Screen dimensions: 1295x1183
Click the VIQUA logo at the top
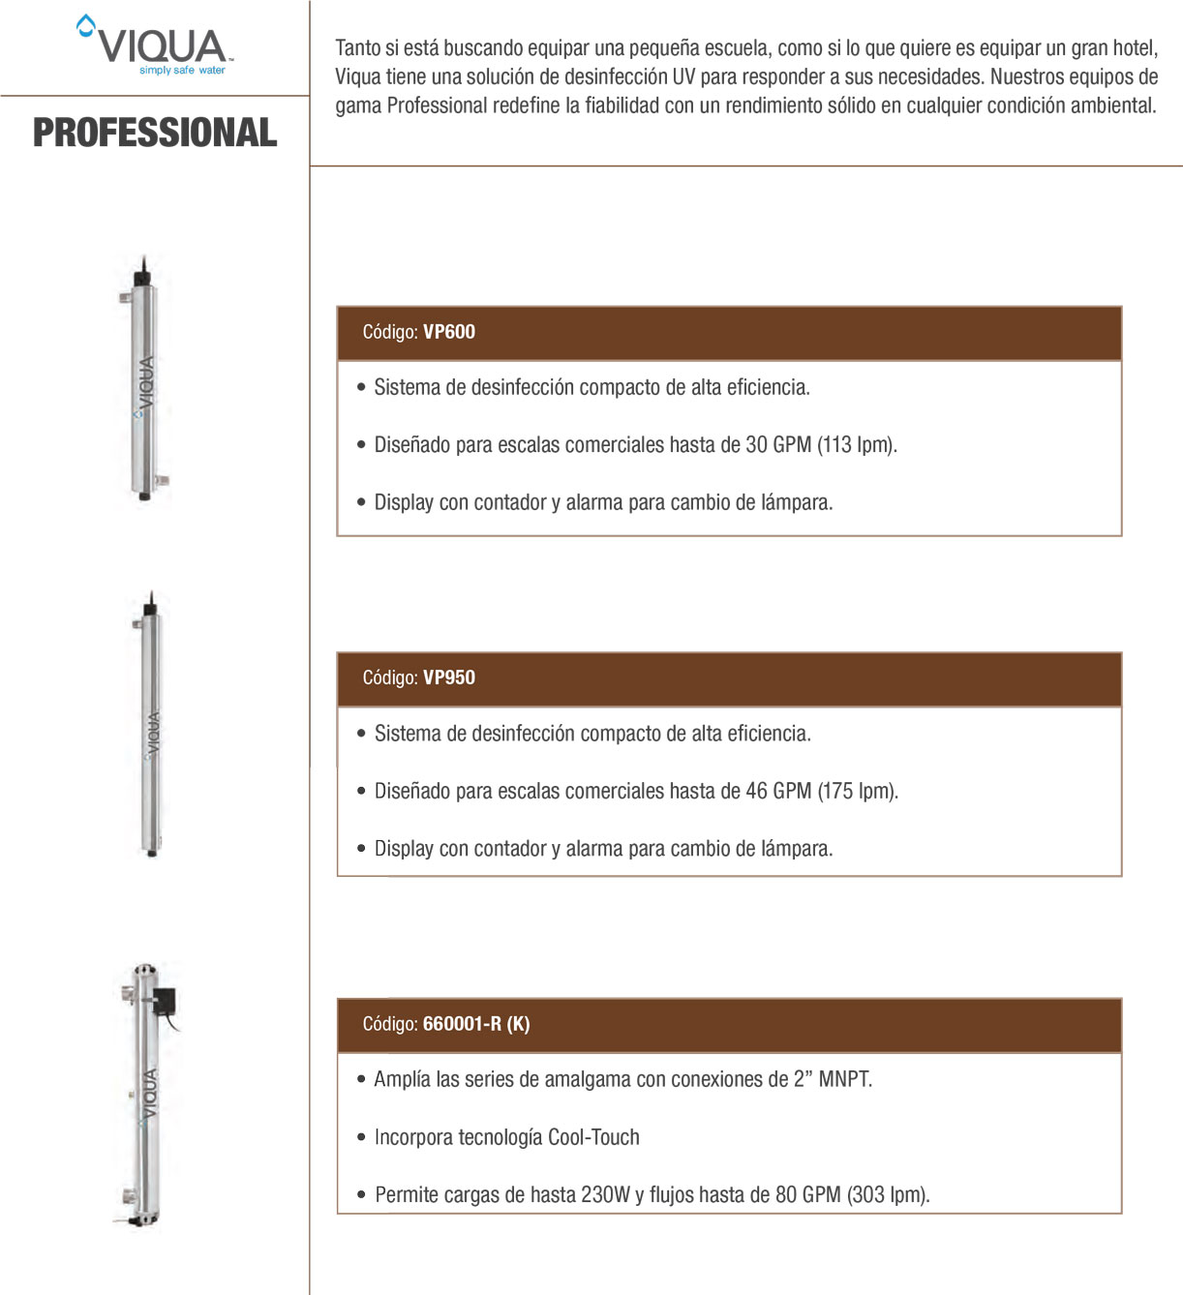pyautogui.click(x=155, y=45)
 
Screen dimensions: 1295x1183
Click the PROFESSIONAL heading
pyautogui.click(x=155, y=133)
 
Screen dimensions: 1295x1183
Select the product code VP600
pyautogui.click(x=449, y=332)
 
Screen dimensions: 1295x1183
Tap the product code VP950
pyautogui.click(x=449, y=678)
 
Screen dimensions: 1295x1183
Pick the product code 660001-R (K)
pyautogui.click(x=476, y=1024)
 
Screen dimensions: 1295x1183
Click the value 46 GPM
pyautogui.click(x=778, y=791)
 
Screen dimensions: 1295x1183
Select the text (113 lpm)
pyautogui.click(x=857, y=445)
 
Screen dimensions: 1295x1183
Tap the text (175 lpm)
pyautogui.click(x=858, y=791)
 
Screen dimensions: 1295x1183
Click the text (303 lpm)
pyautogui.click(x=888, y=1195)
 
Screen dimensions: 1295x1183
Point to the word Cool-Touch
pyautogui.click(x=593, y=1137)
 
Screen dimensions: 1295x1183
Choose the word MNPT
pyautogui.click(x=845, y=1079)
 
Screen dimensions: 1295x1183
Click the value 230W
pyautogui.click(x=605, y=1195)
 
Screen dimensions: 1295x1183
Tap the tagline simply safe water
pyautogui.click(x=182, y=71)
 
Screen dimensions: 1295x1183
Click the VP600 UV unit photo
pyautogui.click(x=144, y=379)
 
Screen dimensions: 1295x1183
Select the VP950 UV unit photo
pyautogui.click(x=150, y=726)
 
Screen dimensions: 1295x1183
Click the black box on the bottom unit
pyautogui.click(x=166, y=1000)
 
